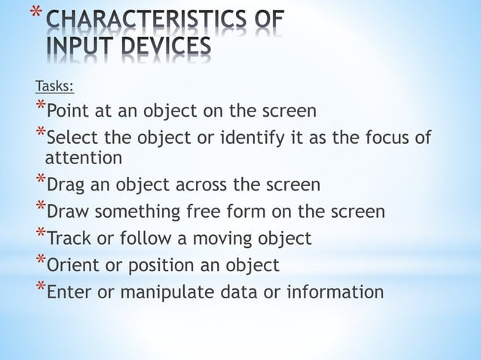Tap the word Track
[x=70, y=239]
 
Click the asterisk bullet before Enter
[x=40, y=285]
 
